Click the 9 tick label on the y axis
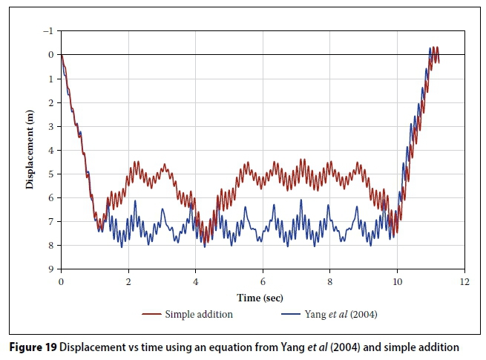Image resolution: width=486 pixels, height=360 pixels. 50,269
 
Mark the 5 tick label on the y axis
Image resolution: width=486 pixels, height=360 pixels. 50,174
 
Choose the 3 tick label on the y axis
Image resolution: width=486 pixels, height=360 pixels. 50,127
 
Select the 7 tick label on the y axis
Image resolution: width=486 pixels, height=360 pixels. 50,222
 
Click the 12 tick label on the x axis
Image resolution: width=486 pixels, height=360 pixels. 464,282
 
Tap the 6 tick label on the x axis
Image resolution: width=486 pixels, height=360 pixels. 262,282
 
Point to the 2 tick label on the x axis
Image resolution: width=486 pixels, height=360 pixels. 128,282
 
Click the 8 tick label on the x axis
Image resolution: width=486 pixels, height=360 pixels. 329,282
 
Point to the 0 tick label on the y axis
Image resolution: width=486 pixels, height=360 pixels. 50,55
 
